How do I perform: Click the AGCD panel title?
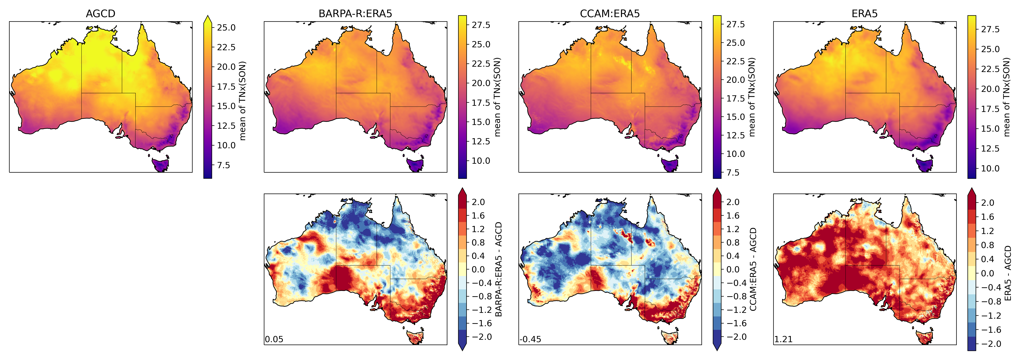tap(101, 14)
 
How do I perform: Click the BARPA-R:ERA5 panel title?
tap(355, 14)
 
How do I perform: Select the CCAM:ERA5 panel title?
tap(610, 14)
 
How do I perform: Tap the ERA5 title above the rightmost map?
tap(864, 14)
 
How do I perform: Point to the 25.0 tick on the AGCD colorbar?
tap(226, 28)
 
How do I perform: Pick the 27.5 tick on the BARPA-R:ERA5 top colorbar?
tap(481, 25)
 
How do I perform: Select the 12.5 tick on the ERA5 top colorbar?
tap(990, 148)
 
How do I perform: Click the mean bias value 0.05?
tap(274, 339)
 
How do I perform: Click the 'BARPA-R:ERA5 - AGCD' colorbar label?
tap(498, 269)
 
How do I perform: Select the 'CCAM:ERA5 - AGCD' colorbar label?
tap(753, 269)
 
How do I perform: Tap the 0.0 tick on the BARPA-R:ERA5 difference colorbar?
tap(478, 269)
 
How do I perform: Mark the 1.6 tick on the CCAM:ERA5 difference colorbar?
tap(733, 215)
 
